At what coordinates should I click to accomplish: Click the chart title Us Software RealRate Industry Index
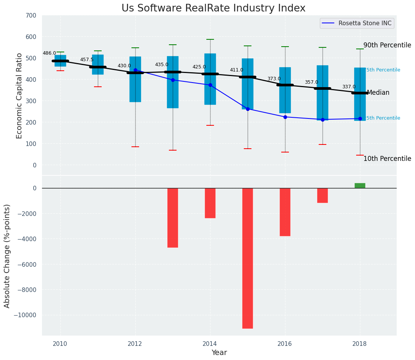pyautogui.click(x=213, y=8)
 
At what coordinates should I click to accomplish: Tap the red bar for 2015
pyautogui.click(x=248, y=258)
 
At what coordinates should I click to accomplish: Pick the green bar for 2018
pyautogui.click(x=360, y=186)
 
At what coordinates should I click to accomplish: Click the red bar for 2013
pyautogui.click(x=173, y=217)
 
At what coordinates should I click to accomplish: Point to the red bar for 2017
pyautogui.click(x=323, y=195)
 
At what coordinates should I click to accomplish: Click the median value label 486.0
pyautogui.click(x=49, y=54)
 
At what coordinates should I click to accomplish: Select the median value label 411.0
pyautogui.click(x=237, y=70)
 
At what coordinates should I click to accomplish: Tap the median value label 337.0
pyautogui.click(x=349, y=87)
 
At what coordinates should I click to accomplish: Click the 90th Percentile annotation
pyautogui.click(x=387, y=45)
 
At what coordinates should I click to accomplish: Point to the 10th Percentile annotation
pyautogui.click(x=387, y=159)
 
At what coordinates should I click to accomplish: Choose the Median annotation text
pyautogui.click(x=378, y=93)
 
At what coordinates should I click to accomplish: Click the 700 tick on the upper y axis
pyautogui.click(x=31, y=16)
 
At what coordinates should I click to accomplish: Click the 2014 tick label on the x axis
pyautogui.click(x=210, y=344)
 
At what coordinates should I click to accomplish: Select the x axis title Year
pyautogui.click(x=219, y=353)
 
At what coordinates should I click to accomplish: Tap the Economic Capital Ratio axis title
pyautogui.click(x=19, y=96)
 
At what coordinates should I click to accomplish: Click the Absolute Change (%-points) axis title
pyautogui.click(x=7, y=256)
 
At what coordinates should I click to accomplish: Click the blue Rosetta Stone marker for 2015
pyautogui.click(x=248, y=109)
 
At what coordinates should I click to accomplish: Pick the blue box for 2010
pyautogui.click(x=60, y=61)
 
